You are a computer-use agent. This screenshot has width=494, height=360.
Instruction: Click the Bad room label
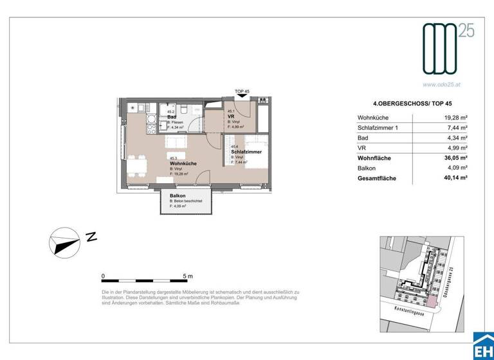pyautogui.click(x=172, y=117)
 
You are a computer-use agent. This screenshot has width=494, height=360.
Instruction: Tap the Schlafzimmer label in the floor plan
pyautogui.click(x=246, y=152)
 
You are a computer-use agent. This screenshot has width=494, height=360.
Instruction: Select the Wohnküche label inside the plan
pyautogui.click(x=183, y=163)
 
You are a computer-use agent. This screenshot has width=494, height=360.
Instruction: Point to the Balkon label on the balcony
pyautogui.click(x=178, y=195)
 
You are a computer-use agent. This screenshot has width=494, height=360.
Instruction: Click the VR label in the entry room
pyautogui.click(x=230, y=117)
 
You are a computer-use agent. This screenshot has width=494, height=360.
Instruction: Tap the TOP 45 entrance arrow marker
pyautogui.click(x=242, y=96)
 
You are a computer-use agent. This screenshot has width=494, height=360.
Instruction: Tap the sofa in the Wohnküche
pyautogui.click(x=177, y=142)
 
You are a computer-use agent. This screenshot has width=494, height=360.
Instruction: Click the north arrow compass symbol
pyautogui.click(x=62, y=242)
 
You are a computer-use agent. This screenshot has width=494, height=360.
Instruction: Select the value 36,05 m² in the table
pyautogui.click(x=457, y=157)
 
